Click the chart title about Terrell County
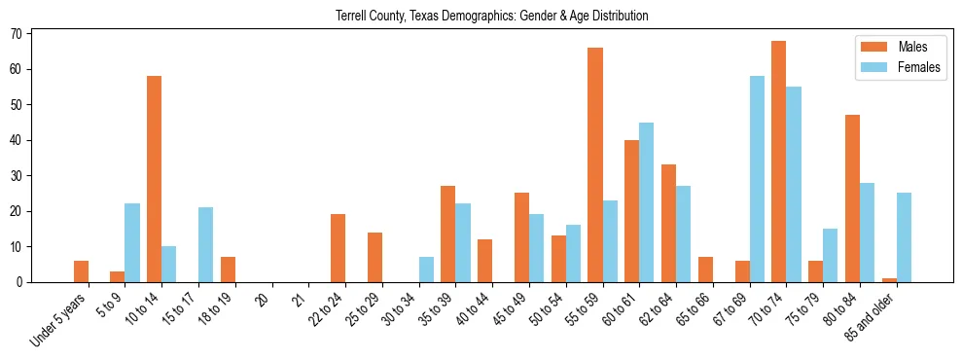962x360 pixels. (491, 16)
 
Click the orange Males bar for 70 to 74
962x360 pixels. (779, 162)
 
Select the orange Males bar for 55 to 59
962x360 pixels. (595, 164)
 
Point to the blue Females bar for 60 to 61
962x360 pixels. (647, 202)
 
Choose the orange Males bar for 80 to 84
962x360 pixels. (852, 198)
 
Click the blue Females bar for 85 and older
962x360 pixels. (904, 237)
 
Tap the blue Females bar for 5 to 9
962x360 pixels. (132, 243)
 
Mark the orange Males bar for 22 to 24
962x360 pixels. (338, 248)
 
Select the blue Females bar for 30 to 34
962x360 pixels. (426, 270)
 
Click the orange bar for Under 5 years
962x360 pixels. (81, 271)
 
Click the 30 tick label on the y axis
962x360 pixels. (17, 176)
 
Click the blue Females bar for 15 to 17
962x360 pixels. (206, 245)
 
